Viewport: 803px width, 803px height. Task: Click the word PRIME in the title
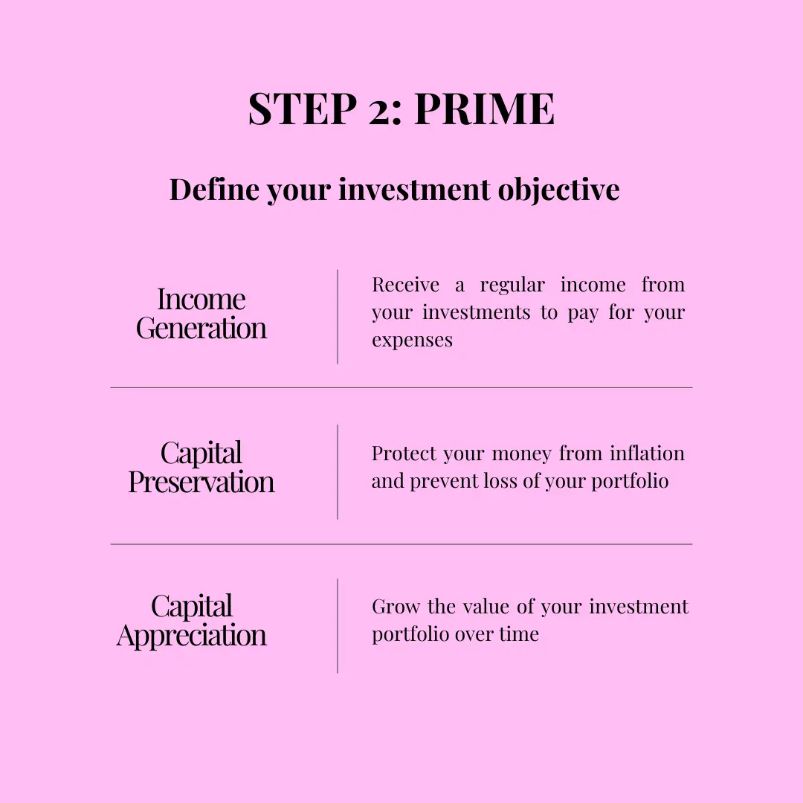(x=484, y=109)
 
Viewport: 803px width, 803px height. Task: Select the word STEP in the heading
(x=302, y=109)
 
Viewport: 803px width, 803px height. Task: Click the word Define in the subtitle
(x=215, y=189)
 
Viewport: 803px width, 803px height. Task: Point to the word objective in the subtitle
(x=558, y=190)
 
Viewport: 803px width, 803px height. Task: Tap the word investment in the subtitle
(x=414, y=189)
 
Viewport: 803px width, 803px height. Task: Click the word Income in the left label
(x=201, y=299)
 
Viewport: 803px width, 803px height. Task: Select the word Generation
(x=201, y=328)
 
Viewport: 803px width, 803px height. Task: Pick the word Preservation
(x=201, y=482)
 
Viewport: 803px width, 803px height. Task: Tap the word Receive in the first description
(x=406, y=285)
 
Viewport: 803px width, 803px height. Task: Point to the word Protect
(x=403, y=454)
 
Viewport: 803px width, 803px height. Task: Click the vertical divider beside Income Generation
(x=338, y=317)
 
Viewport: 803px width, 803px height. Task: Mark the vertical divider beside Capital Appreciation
(x=338, y=625)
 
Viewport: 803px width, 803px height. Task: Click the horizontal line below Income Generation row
(x=401, y=387)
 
